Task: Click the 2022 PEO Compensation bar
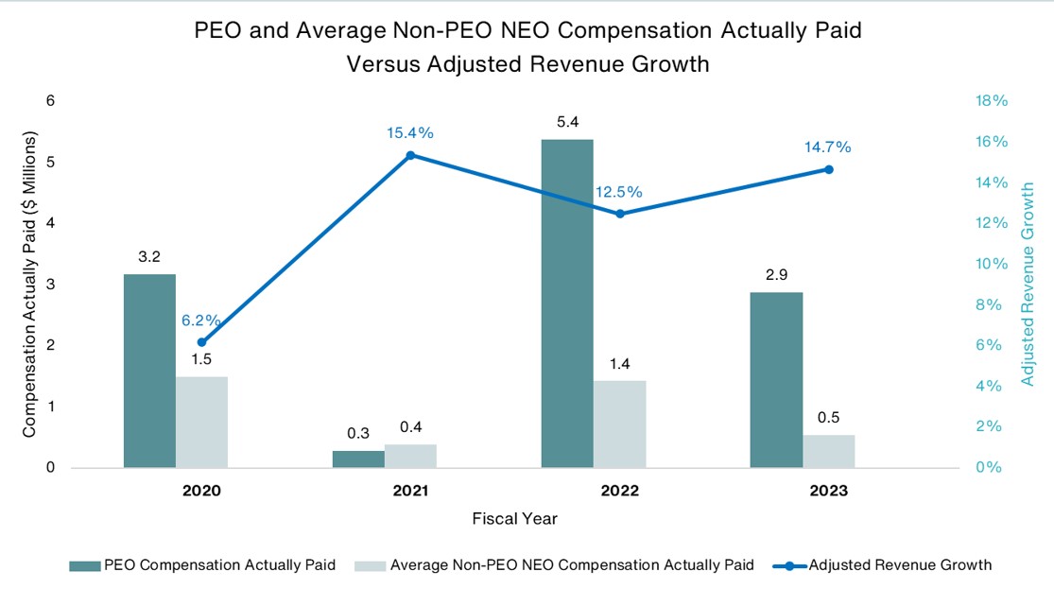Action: pos(567,303)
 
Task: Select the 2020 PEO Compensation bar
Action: pos(149,371)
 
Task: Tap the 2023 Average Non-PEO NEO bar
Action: pos(828,451)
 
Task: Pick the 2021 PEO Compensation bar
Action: pos(358,459)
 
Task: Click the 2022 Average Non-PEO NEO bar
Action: pos(619,424)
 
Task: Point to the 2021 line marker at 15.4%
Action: pos(410,155)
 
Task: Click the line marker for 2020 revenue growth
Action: pos(201,342)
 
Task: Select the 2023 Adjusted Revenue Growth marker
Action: pos(828,169)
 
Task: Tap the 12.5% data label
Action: pos(618,192)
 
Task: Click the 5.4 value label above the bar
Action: pos(567,122)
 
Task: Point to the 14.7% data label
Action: pos(828,147)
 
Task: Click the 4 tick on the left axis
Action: pos(50,223)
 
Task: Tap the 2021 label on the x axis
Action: pos(410,492)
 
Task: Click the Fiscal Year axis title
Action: pos(514,519)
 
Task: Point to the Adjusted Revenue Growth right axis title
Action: pos(1029,284)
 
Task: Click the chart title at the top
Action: pos(527,47)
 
